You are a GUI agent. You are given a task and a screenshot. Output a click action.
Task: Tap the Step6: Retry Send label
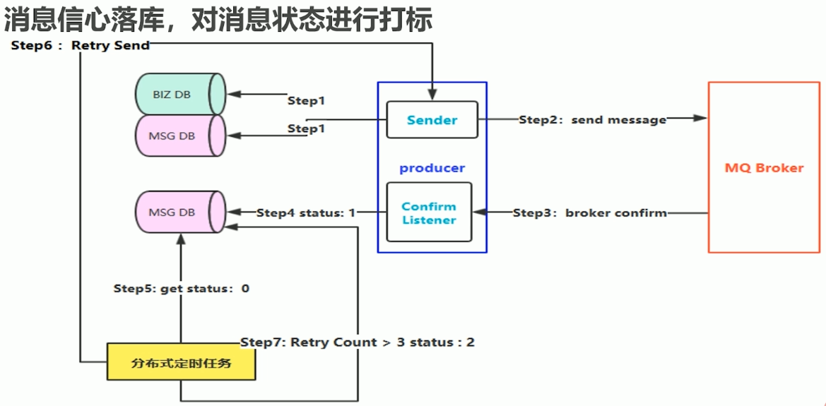pos(80,45)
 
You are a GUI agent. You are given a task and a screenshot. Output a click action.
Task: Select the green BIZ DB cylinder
pos(179,94)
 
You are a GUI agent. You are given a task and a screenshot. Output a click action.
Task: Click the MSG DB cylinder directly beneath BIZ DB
pos(179,135)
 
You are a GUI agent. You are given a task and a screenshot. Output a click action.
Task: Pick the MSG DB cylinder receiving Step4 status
pos(179,212)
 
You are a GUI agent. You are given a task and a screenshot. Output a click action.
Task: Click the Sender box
pos(432,120)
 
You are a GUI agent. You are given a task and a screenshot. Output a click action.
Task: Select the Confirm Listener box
pos(429,213)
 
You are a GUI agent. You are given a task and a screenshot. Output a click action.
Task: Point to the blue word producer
pos(432,168)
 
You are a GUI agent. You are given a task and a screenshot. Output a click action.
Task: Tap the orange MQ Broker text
pos(764,168)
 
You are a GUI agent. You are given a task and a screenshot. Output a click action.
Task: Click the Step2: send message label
pos(592,120)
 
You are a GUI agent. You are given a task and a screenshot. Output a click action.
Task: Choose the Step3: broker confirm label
pos(589,213)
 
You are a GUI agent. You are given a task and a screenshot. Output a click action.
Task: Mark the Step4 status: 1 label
pos(305,213)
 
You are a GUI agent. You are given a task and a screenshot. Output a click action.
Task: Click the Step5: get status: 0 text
pos(181,288)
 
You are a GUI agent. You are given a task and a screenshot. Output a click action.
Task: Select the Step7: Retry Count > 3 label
pos(357,342)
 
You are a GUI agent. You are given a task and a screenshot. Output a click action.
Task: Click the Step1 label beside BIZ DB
pos(306,101)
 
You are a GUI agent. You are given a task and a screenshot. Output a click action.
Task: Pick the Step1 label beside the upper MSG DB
pos(306,129)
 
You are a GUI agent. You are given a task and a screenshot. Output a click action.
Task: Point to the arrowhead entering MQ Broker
pos(700,118)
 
